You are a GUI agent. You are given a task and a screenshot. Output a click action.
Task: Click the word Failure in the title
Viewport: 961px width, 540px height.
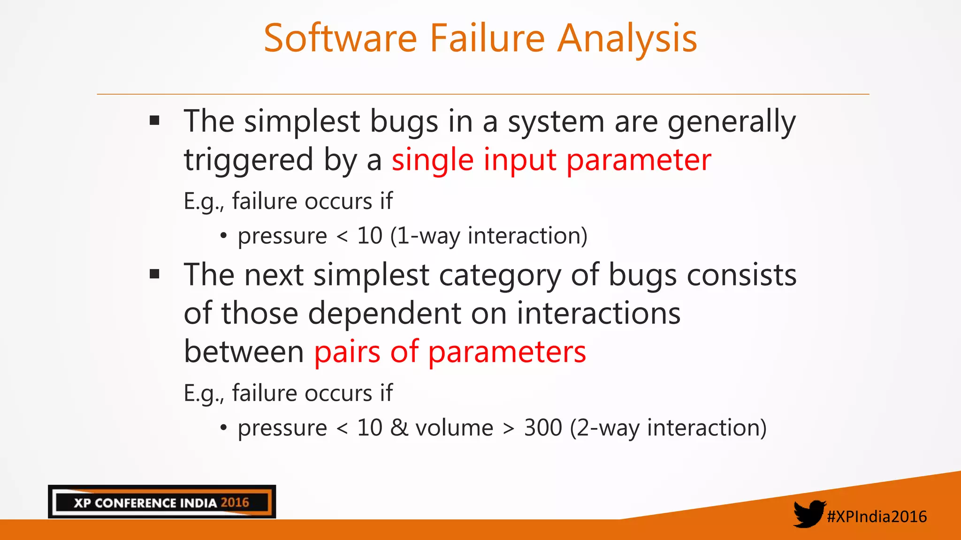[x=487, y=38]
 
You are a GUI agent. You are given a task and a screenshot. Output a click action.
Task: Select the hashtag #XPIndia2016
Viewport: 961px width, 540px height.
[x=877, y=517]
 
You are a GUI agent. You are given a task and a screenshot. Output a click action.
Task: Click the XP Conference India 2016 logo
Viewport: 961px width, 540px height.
[x=162, y=502]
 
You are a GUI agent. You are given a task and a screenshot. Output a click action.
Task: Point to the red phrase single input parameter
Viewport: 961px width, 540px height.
[x=551, y=160]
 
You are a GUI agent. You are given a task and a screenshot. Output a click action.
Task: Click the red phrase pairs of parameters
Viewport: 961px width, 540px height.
[x=450, y=352]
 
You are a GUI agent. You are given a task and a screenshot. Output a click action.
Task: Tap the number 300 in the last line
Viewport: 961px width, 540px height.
[x=543, y=427]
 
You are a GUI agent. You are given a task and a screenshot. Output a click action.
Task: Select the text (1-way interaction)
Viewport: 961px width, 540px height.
[x=488, y=236]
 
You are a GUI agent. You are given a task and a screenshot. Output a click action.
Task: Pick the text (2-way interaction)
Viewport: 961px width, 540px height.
[x=668, y=427]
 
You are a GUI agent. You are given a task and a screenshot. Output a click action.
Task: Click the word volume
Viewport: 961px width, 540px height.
[x=454, y=427]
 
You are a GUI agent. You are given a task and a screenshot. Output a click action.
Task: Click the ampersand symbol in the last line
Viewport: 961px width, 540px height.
[x=399, y=427]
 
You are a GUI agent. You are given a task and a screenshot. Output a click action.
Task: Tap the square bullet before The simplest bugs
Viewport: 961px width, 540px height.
[x=154, y=121]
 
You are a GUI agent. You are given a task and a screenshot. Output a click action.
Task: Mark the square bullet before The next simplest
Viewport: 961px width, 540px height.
[x=154, y=274]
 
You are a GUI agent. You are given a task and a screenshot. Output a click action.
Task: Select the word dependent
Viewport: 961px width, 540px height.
[x=384, y=313]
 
